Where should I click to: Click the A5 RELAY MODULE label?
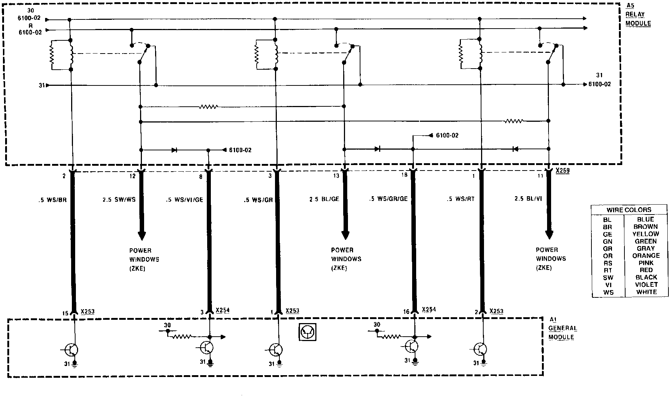click(x=638, y=15)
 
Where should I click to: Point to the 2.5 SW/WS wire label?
click(x=119, y=199)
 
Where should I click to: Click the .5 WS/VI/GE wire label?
click(x=184, y=200)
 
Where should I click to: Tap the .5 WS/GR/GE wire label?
click(x=388, y=199)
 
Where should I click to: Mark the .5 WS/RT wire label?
click(x=460, y=199)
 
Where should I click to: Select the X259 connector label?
click(x=562, y=171)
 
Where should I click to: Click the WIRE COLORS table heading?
click(x=629, y=210)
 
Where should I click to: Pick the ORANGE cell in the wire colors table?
click(x=646, y=256)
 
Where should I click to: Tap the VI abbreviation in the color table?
click(x=608, y=285)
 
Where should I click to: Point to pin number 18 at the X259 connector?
click(x=404, y=175)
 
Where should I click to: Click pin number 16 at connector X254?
click(x=406, y=312)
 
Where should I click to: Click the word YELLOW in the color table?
click(x=646, y=234)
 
